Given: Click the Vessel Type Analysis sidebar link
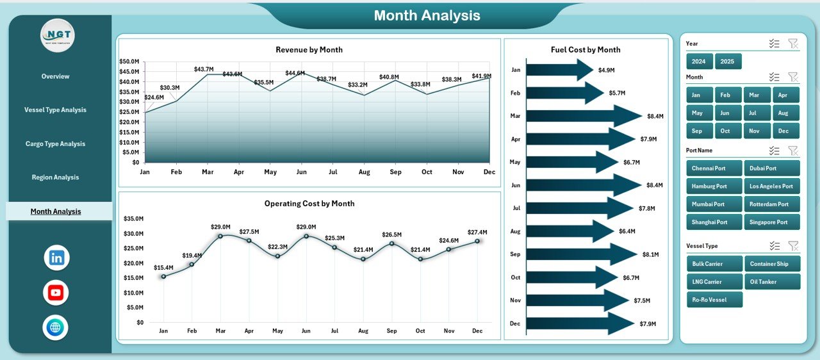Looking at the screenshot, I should [55, 110].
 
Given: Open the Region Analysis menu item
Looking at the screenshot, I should [55, 177].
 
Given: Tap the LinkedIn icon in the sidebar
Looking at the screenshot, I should [56, 258].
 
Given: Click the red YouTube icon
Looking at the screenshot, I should [56, 293].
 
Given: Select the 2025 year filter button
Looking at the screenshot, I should [728, 61].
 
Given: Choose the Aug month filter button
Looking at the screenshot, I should [783, 113].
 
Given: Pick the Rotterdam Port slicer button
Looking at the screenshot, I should [771, 204].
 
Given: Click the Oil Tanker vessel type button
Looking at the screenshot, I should [771, 281].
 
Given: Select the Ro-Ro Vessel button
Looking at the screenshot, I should [714, 300].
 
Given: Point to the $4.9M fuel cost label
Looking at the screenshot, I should [606, 70].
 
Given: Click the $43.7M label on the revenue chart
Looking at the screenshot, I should [205, 69].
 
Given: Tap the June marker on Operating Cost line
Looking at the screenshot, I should [306, 236].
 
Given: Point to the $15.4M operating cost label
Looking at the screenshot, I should [163, 267].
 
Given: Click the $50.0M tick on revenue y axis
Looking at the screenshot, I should [129, 61].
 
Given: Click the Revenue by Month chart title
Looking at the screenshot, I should [309, 50].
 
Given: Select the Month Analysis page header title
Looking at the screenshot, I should [427, 15].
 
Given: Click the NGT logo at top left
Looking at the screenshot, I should [58, 35].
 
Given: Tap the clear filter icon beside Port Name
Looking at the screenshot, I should [793, 151].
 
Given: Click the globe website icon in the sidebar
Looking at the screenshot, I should [56, 327].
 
